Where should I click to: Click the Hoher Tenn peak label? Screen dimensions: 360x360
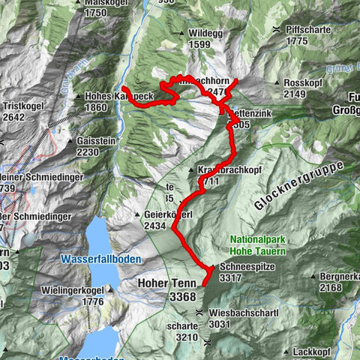pyautogui.click(x=166, y=283)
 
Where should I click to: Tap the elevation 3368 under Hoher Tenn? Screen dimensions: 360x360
pyautogui.click(x=182, y=297)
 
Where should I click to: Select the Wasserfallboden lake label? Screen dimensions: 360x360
pyautogui.click(x=94, y=259)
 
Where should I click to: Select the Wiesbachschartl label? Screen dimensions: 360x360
pyautogui.click(x=245, y=313)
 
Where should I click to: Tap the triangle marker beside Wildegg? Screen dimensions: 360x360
pyautogui.click(x=182, y=34)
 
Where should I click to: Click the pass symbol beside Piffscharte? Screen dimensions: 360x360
pyautogui.click(x=277, y=28)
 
